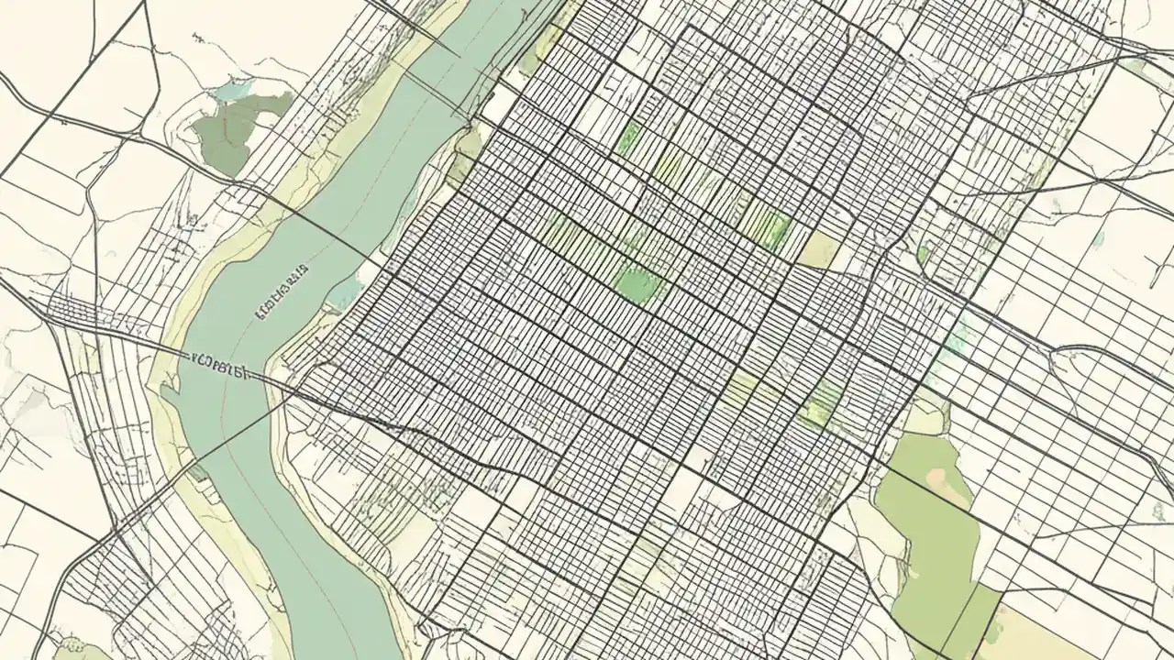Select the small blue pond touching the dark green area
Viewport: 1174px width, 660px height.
(x=233, y=90)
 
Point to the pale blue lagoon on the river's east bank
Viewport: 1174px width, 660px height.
(x=345, y=294)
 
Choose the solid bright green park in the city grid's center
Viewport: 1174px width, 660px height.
(x=639, y=283)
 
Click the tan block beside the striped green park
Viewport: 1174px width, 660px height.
(x=819, y=249)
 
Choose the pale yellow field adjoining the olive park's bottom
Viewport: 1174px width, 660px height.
(x=1036, y=632)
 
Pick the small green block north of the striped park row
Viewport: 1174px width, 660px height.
(x=629, y=137)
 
